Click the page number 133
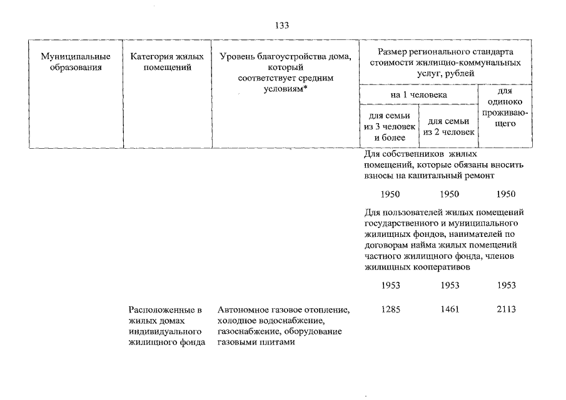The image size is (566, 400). [282, 25]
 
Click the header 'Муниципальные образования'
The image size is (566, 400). [76, 62]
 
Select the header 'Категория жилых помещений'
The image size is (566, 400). [167, 62]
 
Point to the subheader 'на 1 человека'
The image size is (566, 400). [419, 95]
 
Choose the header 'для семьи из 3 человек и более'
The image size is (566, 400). [390, 127]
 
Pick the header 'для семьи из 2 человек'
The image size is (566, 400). [448, 127]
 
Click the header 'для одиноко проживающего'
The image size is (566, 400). [505, 107]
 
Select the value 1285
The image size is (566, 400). [390, 309]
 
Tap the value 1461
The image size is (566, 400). [450, 309]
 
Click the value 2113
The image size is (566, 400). [506, 309]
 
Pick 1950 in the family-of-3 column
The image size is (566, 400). [390, 194]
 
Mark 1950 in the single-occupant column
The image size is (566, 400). [506, 194]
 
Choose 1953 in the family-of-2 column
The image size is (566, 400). [450, 285]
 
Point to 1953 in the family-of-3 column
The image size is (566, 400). [390, 285]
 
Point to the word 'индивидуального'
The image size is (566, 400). [165, 331]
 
